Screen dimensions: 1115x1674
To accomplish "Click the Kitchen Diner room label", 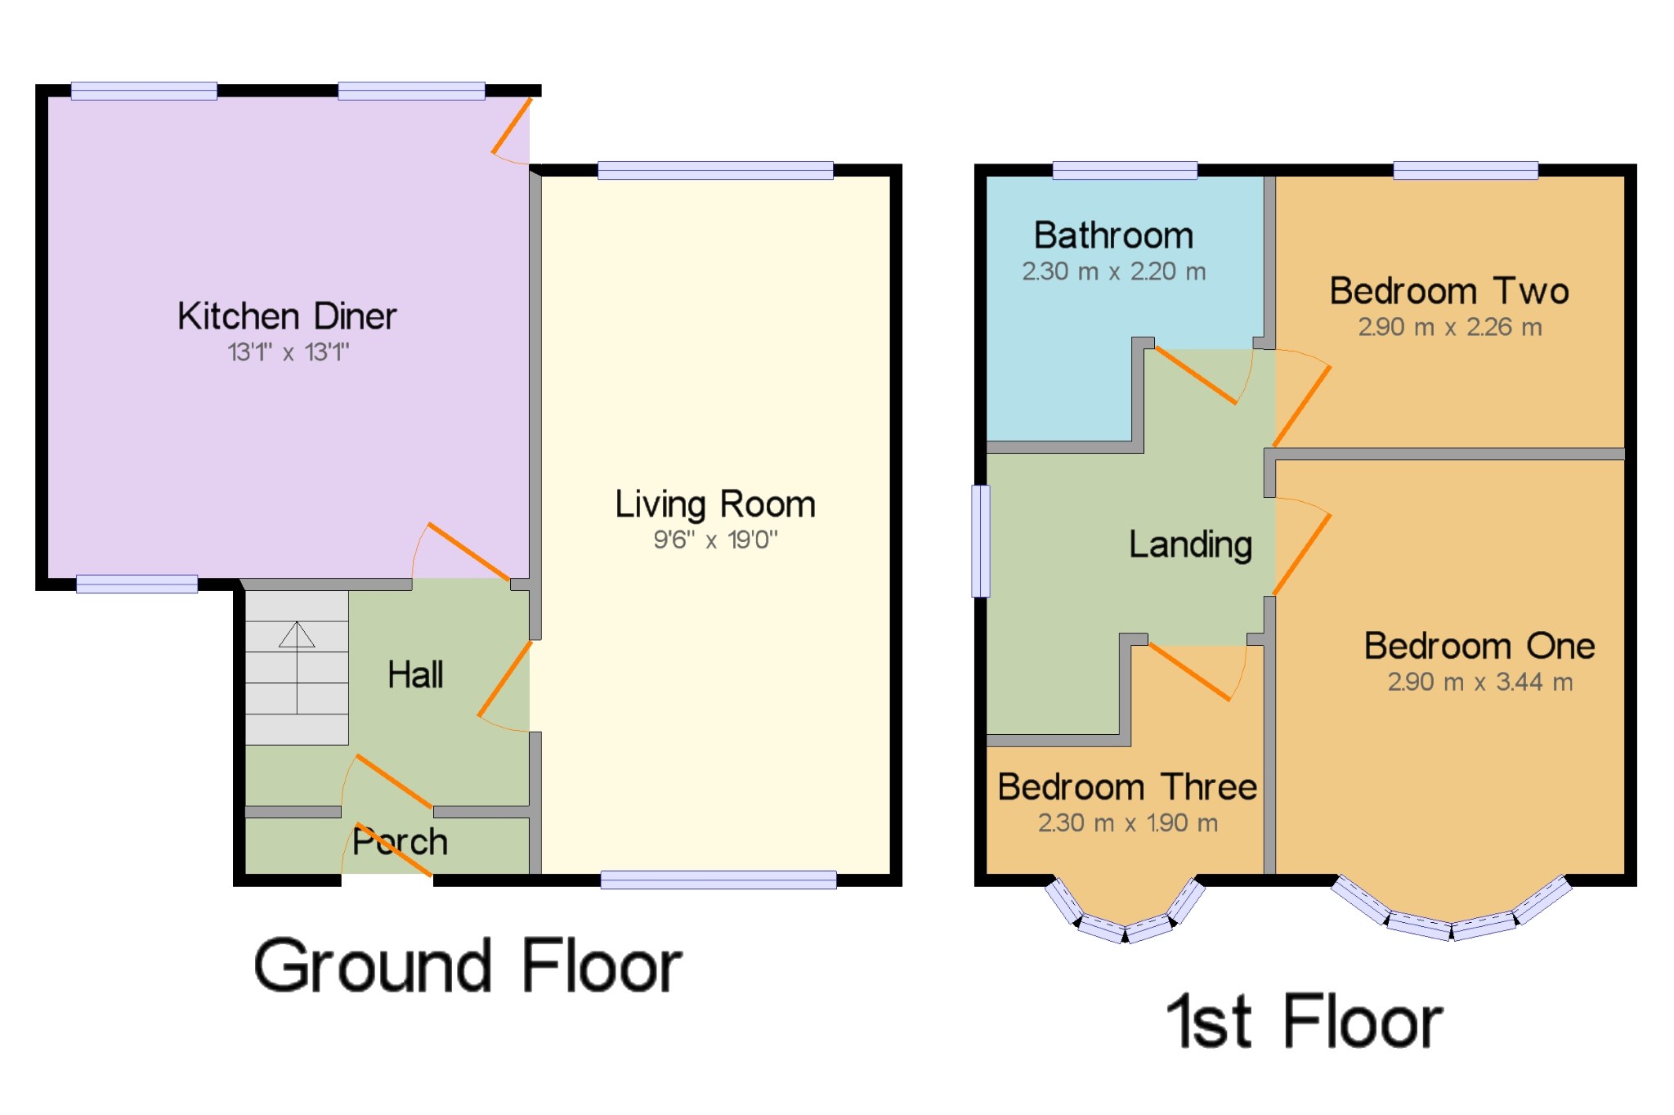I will tap(287, 316).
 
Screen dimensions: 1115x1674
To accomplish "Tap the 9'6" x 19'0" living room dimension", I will tap(715, 540).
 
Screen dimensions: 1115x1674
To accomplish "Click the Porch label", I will tap(401, 842).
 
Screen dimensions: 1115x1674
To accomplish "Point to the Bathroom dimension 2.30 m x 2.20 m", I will tap(1113, 271).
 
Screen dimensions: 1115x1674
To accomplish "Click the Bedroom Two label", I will tap(1449, 291).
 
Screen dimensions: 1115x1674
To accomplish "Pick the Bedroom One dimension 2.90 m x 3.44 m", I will tap(1479, 682).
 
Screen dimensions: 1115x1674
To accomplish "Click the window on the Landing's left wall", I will tap(981, 541).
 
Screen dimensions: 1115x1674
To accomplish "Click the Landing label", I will tap(1190, 544).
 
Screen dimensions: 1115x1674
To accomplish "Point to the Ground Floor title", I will tap(468, 967).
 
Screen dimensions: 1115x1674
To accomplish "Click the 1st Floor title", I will tap(1305, 1022).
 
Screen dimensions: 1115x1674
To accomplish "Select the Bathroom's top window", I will tap(1125, 170).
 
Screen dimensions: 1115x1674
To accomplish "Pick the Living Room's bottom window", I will tap(718, 880).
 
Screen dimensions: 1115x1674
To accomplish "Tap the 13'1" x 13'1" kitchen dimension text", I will tap(288, 352).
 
